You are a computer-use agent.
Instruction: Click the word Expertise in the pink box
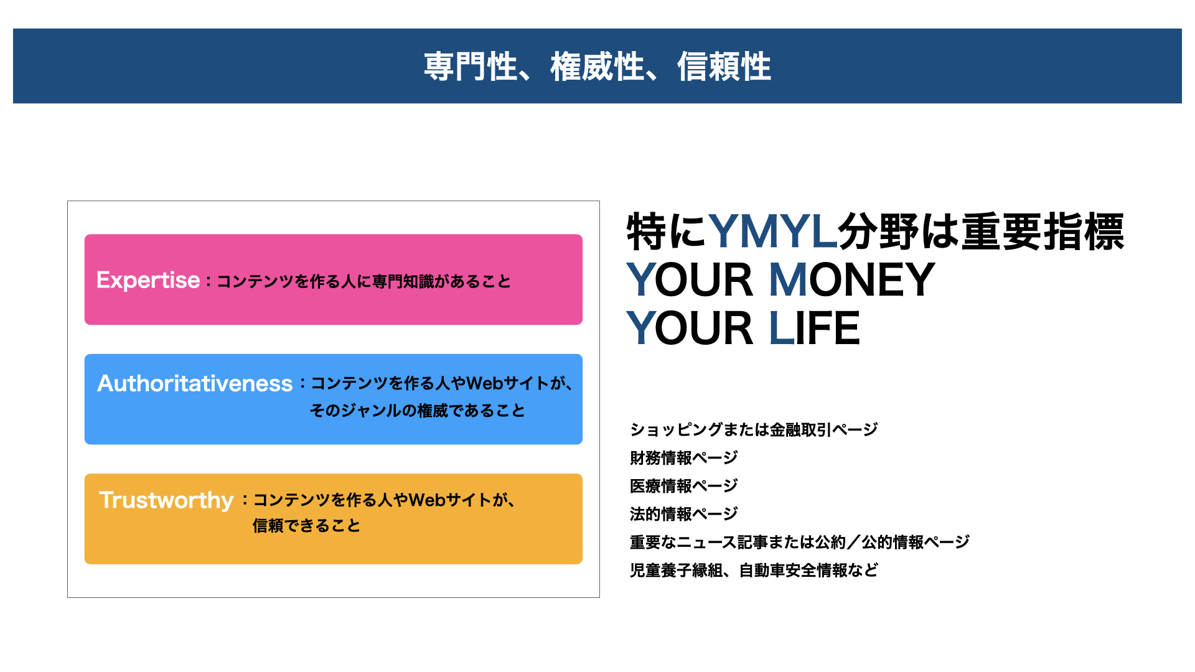tap(148, 281)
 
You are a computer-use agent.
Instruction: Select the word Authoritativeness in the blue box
tap(195, 383)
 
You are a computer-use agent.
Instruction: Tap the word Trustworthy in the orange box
tap(166, 500)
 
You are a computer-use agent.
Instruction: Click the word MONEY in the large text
tap(852, 280)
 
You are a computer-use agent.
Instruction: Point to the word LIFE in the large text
tap(814, 329)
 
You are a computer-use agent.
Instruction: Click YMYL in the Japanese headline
tap(773, 231)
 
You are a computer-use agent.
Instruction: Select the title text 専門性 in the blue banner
tap(471, 67)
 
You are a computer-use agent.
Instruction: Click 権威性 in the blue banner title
tap(597, 67)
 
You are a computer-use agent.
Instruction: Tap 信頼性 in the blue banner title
tap(724, 67)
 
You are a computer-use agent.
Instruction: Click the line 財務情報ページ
tap(684, 458)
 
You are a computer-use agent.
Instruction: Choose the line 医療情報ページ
tap(684, 486)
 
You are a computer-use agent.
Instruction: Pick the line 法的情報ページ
tap(684, 514)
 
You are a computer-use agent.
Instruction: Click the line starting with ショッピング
tap(754, 429)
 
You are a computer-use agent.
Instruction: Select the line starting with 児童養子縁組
tap(754, 570)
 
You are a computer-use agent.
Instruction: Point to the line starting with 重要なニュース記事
tap(800, 542)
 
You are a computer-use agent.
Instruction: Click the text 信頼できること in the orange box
tap(306, 526)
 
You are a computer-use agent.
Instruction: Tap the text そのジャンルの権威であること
tap(418, 411)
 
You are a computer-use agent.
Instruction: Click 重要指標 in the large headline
tap(1043, 231)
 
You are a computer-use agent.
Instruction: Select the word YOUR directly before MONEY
tap(690, 280)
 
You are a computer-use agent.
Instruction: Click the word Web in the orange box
tap(427, 500)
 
